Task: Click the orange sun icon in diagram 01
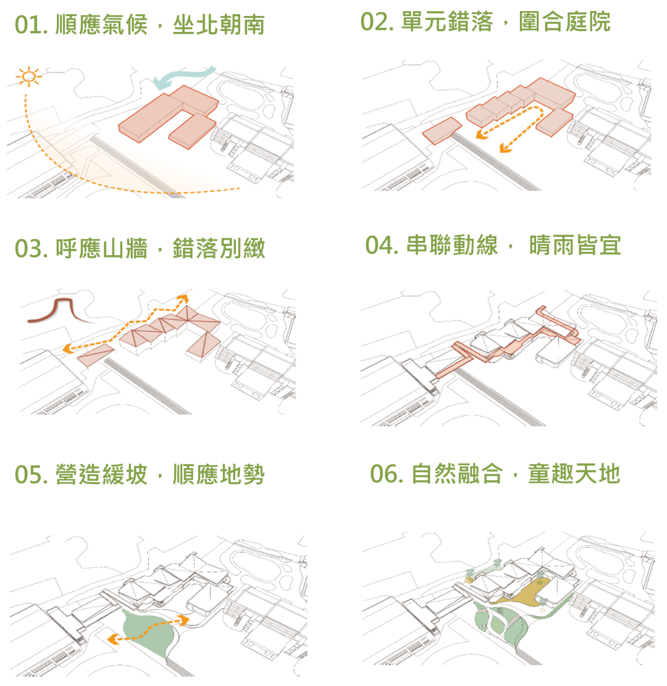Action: click(x=28, y=77)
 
